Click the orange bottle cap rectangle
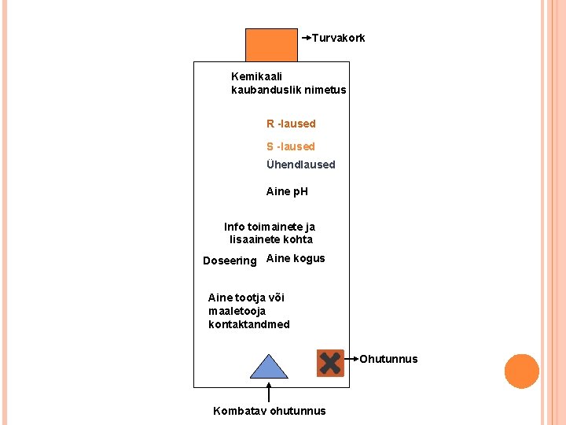pyautogui.click(x=271, y=45)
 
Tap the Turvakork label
pyautogui.click(x=338, y=38)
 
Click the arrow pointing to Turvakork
pyautogui.click(x=306, y=37)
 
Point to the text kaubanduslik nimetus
pyautogui.click(x=289, y=90)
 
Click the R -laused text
pyautogui.click(x=291, y=124)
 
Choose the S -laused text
pyautogui.click(x=290, y=146)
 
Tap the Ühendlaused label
pyautogui.click(x=300, y=164)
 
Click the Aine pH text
pyautogui.click(x=287, y=191)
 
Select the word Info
pyautogui.click(x=234, y=227)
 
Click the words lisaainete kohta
pyautogui.click(x=270, y=239)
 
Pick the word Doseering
pyautogui.click(x=230, y=261)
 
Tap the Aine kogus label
pyautogui.click(x=296, y=258)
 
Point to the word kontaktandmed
pyautogui.click(x=248, y=324)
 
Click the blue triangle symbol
pyautogui.click(x=269, y=367)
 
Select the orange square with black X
pyautogui.click(x=330, y=363)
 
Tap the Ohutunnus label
pyautogui.click(x=388, y=360)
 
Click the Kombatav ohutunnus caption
pyautogui.click(x=269, y=411)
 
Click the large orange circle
pyautogui.click(x=521, y=371)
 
